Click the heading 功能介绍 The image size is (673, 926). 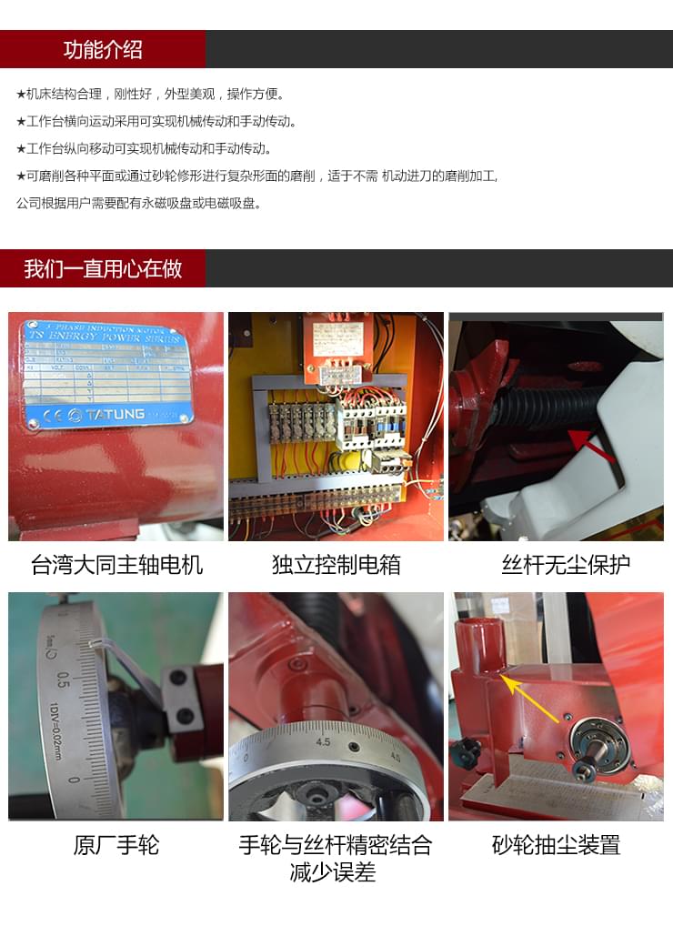[x=103, y=49]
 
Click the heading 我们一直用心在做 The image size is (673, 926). [x=103, y=269]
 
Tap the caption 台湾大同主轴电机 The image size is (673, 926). [x=116, y=565]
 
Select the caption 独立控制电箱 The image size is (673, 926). [x=336, y=565]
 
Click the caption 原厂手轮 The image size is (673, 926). [x=116, y=845]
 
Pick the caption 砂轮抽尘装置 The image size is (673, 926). [x=556, y=845]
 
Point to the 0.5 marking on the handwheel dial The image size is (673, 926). [x=63, y=679]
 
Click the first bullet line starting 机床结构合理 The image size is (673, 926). [x=151, y=94]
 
